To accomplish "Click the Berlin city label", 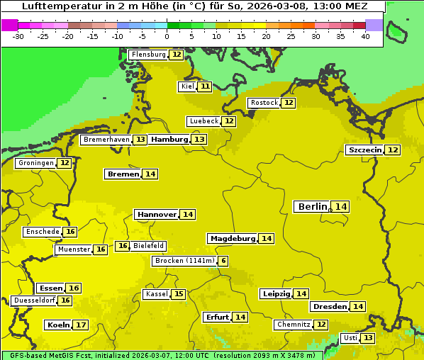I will [x=313, y=206].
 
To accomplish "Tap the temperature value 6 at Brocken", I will [x=223, y=261].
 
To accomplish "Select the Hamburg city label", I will [x=169, y=140].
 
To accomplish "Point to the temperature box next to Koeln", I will [x=81, y=325].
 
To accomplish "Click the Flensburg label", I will [x=148, y=55].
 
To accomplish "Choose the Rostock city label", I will [x=264, y=103].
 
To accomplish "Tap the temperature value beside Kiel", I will [x=205, y=86].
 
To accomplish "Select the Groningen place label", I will [x=36, y=163].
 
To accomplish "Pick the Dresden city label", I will [x=330, y=307].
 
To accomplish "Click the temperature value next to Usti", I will [x=368, y=338].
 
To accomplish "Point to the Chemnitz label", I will [x=294, y=325].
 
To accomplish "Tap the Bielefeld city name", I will [x=148, y=246].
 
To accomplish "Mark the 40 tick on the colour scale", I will [x=365, y=36].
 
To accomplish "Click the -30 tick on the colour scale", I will [x=18, y=36].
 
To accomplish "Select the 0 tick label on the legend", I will [x=167, y=36].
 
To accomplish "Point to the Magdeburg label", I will [x=233, y=239].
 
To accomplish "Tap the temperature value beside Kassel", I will [x=179, y=294].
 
